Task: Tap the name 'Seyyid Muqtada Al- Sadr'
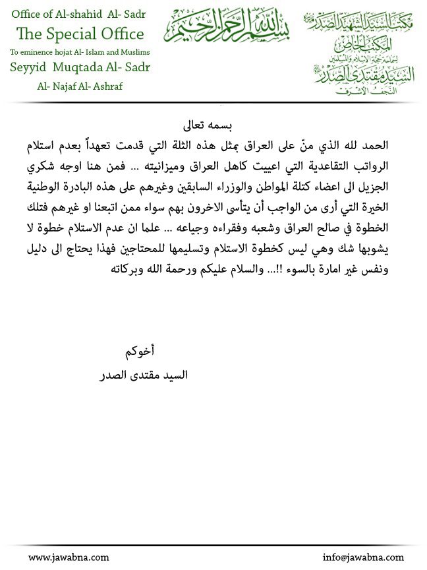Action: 80,68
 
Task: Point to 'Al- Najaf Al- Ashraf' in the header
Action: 80,86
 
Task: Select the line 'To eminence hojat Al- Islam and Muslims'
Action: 80,51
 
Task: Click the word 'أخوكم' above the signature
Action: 140,351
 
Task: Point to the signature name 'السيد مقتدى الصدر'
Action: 143,375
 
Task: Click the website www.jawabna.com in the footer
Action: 69,557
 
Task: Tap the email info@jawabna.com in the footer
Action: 363,557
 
